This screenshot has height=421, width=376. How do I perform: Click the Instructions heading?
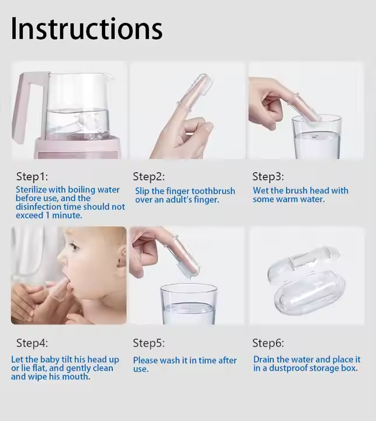click(87, 29)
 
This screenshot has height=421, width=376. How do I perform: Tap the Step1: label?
click(32, 177)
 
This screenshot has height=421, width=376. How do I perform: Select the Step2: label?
click(149, 177)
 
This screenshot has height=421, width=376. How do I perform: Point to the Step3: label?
click(268, 177)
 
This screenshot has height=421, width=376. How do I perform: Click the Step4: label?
click(32, 343)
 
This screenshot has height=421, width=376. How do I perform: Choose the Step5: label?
click(149, 343)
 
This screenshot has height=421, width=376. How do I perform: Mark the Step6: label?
click(268, 343)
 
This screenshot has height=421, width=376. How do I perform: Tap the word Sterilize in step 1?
click(32, 189)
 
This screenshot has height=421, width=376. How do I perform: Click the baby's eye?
click(73, 246)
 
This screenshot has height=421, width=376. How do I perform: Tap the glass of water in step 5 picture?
click(188, 304)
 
